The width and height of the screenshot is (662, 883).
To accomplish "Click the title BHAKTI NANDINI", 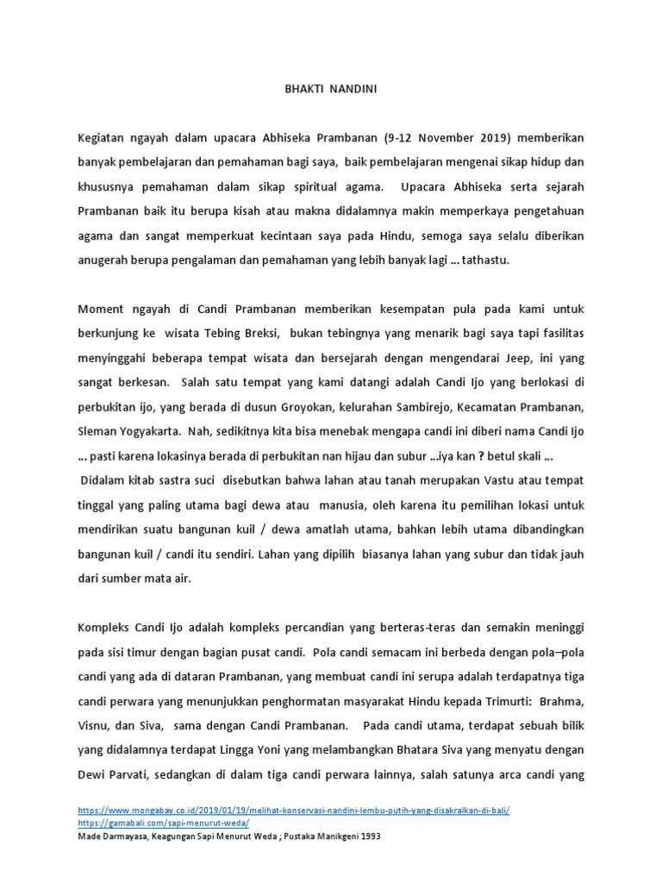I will coord(330,88).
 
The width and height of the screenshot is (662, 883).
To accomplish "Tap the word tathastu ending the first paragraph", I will coord(487,257).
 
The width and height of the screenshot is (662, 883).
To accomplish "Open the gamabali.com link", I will coord(151,824).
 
